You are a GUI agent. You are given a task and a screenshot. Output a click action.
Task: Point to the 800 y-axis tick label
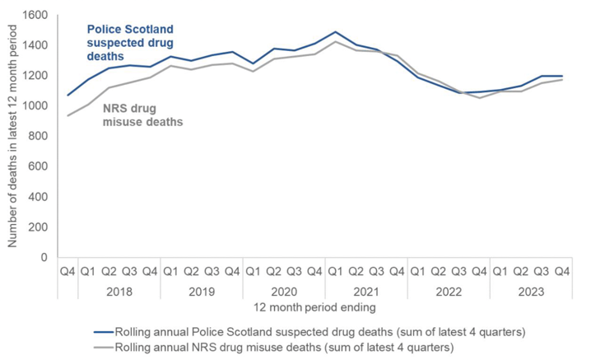[x=37, y=136]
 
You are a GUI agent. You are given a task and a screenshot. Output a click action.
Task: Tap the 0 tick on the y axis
[x=46, y=257]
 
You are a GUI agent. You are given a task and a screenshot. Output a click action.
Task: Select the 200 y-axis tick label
[x=37, y=227]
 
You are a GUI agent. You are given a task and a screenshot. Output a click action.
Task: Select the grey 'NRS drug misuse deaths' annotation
[x=142, y=115]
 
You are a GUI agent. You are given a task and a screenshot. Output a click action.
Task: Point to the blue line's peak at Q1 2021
[x=335, y=32]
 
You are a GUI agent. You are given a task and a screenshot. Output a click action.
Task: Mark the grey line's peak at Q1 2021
[x=335, y=41]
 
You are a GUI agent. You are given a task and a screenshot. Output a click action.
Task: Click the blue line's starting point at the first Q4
[x=68, y=96]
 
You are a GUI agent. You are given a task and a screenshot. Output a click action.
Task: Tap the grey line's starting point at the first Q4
[x=68, y=115]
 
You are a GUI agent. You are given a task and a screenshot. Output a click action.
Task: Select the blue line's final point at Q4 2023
[x=561, y=76]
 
